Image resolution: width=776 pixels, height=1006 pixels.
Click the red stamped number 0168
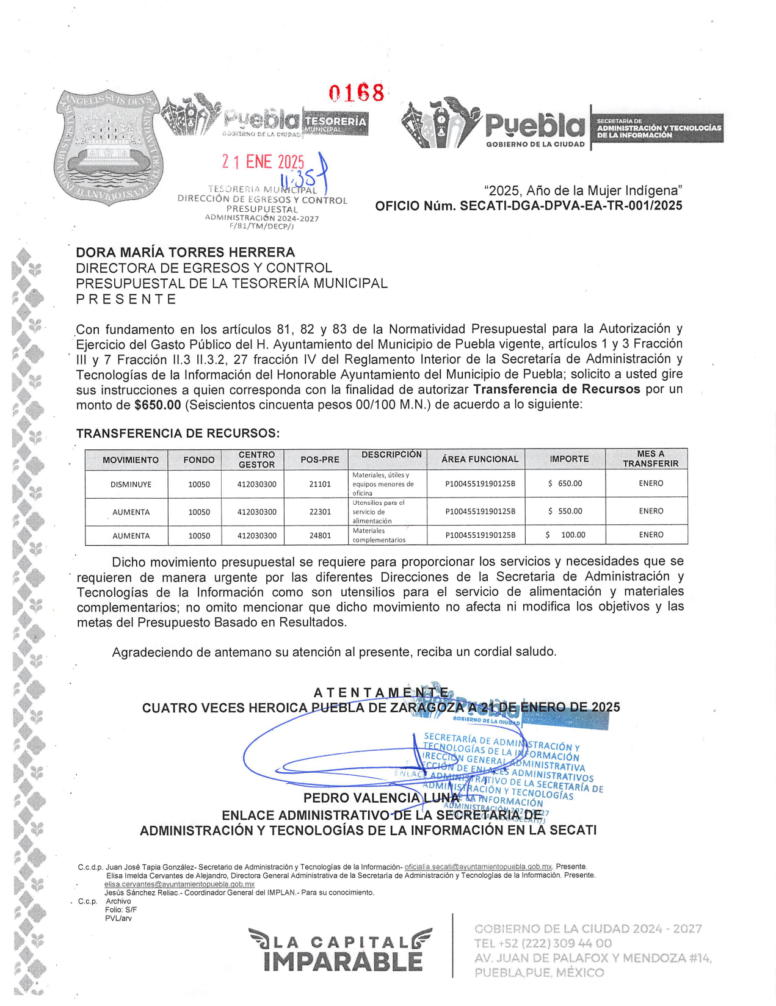[357, 93]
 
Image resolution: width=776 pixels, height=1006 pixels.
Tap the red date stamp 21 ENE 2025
[263, 162]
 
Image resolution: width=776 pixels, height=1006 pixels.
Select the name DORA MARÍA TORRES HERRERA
[185, 252]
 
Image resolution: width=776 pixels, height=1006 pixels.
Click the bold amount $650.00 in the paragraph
[158, 405]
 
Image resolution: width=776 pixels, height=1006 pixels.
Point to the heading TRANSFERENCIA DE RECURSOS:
[178, 433]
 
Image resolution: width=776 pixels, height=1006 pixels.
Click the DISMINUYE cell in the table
[131, 484]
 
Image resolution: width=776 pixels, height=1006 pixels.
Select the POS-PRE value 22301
[320, 512]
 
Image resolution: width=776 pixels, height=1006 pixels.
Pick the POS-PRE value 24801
[320, 535]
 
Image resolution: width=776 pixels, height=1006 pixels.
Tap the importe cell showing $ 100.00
[565, 535]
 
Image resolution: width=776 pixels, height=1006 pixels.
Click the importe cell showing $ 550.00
[565, 511]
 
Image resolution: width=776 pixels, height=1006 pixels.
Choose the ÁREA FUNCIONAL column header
[480, 459]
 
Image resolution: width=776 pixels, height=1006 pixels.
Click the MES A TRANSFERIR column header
[650, 458]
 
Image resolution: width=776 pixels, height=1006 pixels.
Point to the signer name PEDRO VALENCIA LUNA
[381, 798]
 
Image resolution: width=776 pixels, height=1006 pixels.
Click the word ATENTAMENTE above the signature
[381, 692]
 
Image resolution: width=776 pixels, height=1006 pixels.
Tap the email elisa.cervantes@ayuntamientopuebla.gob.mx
[179, 884]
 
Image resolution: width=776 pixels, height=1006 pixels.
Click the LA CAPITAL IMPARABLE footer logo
[341, 950]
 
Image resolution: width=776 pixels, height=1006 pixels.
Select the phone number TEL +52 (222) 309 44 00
[543, 943]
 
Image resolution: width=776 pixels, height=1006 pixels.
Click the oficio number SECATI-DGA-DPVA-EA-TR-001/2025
[571, 206]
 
